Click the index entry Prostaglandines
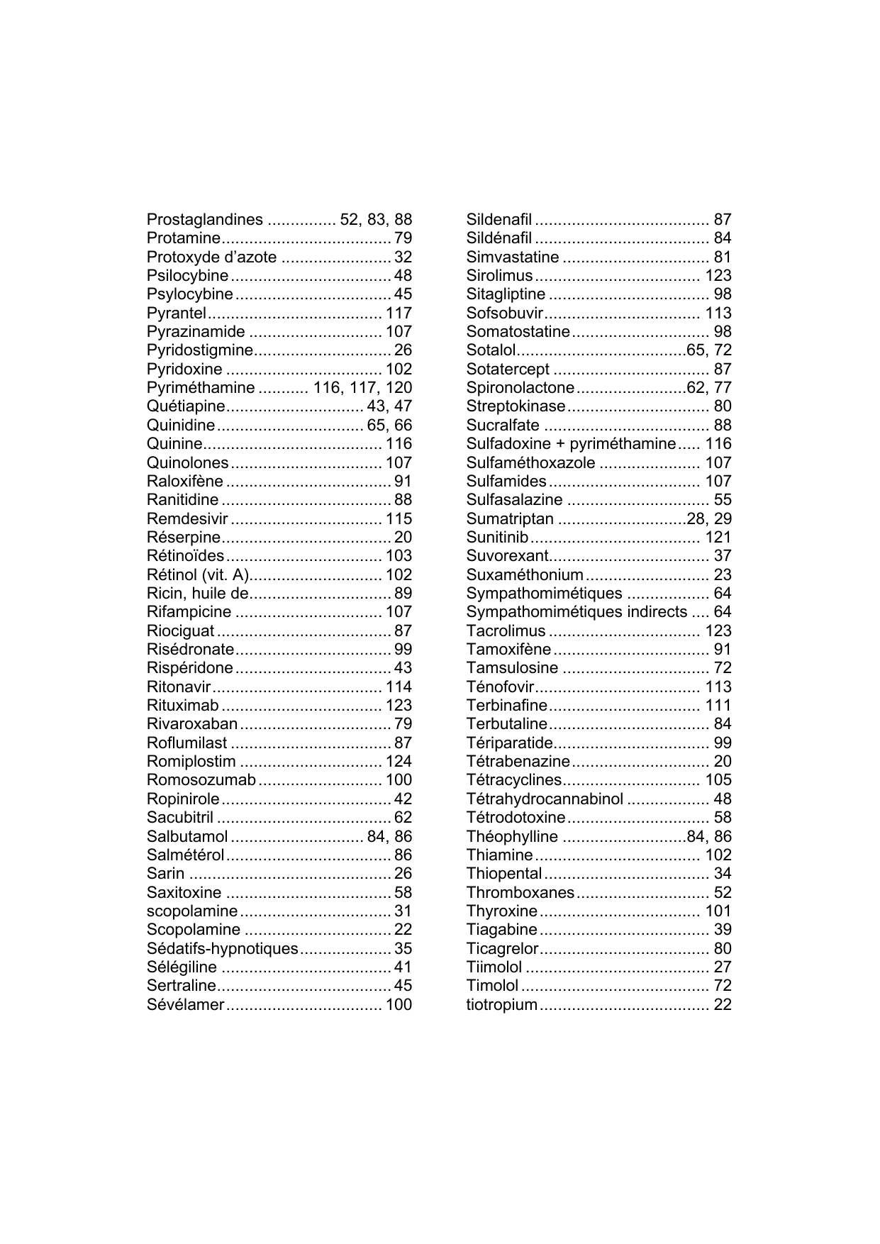point(204,220)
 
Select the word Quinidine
point(180,426)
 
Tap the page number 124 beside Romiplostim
point(399,762)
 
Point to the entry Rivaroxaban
point(191,724)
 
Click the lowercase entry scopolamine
point(191,911)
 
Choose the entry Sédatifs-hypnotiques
point(222,949)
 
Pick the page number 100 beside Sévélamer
point(399,1005)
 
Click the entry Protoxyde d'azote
point(211,257)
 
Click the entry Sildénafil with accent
point(499,238)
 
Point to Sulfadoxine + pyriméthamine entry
point(571,444)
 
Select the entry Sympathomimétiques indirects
point(577,612)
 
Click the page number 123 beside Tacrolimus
point(718,631)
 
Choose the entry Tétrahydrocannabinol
point(545,799)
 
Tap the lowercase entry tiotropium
point(501,1005)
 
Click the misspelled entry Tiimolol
point(494,967)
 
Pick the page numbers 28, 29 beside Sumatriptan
point(709,518)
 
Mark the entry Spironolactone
point(520,388)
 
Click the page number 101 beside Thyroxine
point(718,911)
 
